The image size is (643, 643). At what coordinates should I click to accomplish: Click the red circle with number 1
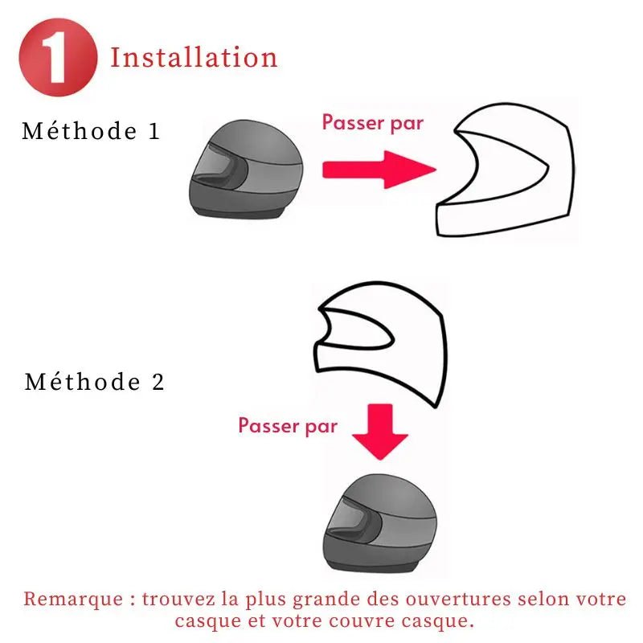pyautogui.click(x=58, y=57)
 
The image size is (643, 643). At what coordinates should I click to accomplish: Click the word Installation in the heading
pyautogui.click(x=194, y=57)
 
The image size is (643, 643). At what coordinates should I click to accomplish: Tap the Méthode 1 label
pyautogui.click(x=91, y=131)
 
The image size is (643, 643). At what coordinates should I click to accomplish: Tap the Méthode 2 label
pyautogui.click(x=95, y=382)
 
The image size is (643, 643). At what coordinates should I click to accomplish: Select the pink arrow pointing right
pyautogui.click(x=379, y=170)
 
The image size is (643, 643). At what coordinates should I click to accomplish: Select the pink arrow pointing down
pyautogui.click(x=380, y=432)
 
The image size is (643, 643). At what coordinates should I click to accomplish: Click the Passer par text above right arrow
pyautogui.click(x=372, y=123)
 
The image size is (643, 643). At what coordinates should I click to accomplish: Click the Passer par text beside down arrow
pyautogui.click(x=288, y=426)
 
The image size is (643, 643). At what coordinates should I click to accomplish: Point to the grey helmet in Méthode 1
pyautogui.click(x=246, y=169)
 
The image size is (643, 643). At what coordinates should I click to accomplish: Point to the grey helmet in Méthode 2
pyautogui.click(x=380, y=523)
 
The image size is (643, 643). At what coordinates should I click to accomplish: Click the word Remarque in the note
pyautogui.click(x=73, y=599)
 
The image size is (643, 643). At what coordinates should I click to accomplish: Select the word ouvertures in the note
pyautogui.click(x=458, y=599)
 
